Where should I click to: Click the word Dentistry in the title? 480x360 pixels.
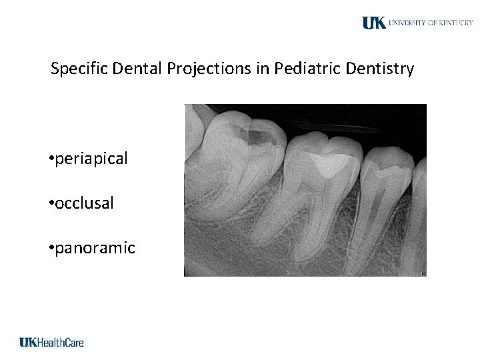click(x=380, y=69)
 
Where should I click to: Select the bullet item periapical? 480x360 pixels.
click(x=92, y=159)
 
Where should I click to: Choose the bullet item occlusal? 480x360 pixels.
click(x=85, y=203)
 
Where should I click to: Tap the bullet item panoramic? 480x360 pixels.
click(x=95, y=249)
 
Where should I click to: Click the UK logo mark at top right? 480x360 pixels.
click(x=374, y=23)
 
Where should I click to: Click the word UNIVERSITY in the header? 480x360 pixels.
click(x=408, y=23)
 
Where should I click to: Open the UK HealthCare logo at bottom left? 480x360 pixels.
click(x=51, y=342)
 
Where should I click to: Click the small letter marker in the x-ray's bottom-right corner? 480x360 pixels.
click(x=421, y=272)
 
